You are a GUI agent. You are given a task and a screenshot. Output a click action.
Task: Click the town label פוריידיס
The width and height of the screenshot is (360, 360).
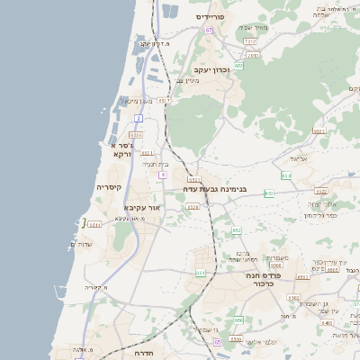coord(215,16)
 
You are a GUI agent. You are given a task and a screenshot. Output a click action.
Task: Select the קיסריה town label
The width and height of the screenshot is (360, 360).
coord(109,187)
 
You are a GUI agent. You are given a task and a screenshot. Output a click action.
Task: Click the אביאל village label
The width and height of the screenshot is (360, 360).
coord(298,157)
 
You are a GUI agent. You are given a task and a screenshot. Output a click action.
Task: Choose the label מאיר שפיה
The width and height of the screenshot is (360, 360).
coord(256,27)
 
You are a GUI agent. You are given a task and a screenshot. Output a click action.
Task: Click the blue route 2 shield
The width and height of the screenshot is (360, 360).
coord(139,118)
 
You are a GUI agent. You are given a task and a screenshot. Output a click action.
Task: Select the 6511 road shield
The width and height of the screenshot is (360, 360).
coord(95,225)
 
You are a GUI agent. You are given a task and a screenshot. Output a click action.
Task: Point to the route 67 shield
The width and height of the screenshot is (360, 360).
coord(209,30)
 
